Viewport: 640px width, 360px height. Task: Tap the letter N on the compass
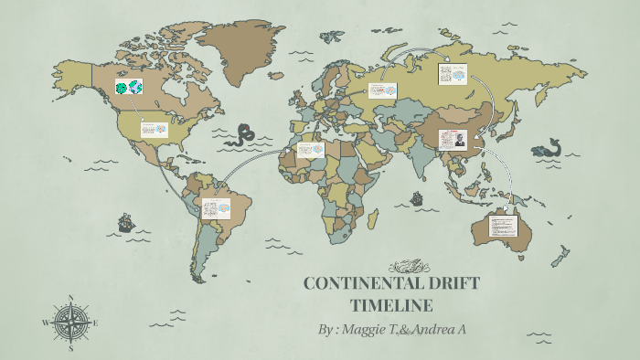(x=71, y=297)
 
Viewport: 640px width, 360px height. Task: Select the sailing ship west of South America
(x=124, y=222)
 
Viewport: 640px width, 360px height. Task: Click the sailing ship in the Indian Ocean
(x=417, y=196)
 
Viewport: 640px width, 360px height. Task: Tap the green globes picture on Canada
(x=129, y=89)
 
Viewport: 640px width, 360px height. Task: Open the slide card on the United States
(x=154, y=130)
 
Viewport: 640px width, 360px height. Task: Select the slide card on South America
(x=216, y=208)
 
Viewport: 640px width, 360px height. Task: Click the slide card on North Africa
(x=310, y=150)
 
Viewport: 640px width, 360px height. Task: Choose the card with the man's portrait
(x=453, y=139)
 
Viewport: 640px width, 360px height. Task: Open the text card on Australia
(x=503, y=224)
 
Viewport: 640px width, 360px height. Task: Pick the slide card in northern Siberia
(x=453, y=73)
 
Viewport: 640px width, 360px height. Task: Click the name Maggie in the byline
(x=366, y=329)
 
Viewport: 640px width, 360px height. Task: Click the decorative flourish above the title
(x=409, y=267)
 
